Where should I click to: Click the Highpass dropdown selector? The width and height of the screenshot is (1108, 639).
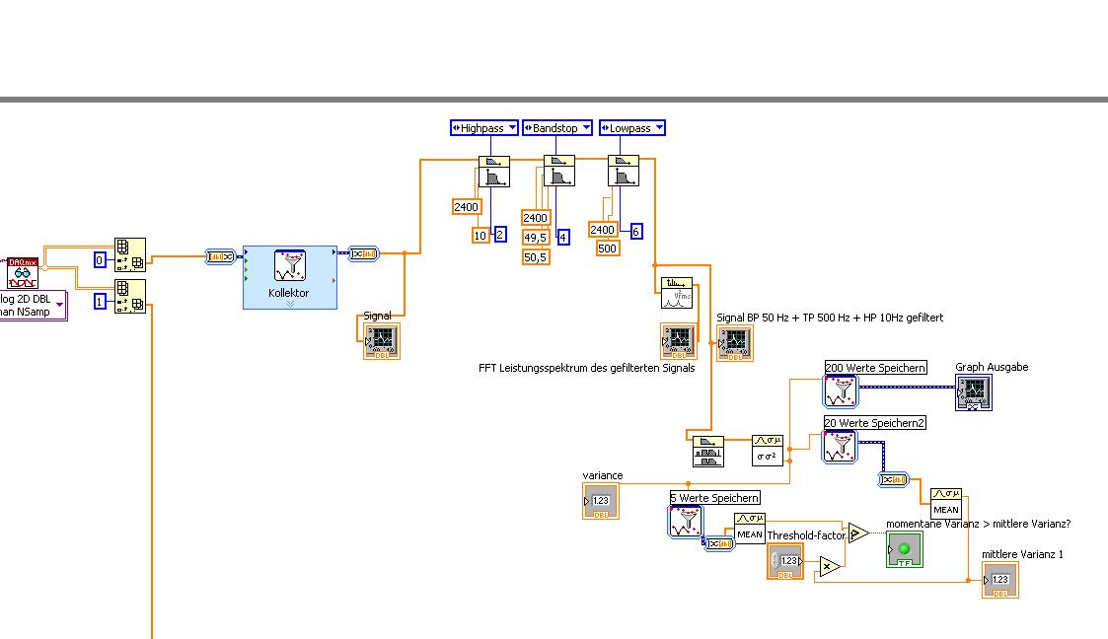483,128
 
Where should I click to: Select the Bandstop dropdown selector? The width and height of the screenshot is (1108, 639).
556,128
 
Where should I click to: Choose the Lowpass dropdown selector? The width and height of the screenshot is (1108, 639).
631,128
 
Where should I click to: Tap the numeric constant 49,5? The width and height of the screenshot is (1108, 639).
536,237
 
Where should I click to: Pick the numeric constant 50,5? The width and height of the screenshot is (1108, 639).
536,256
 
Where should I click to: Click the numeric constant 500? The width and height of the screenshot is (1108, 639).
608,248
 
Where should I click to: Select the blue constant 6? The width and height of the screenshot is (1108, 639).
636,230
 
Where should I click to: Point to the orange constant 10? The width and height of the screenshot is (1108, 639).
480,235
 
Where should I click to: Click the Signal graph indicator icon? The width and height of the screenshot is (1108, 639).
382,340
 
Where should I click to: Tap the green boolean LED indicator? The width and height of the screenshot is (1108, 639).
904,549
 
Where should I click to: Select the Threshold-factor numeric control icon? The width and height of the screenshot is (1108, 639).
785,561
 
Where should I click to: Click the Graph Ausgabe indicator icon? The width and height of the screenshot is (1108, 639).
973,392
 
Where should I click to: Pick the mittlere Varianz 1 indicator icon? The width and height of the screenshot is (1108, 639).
999,580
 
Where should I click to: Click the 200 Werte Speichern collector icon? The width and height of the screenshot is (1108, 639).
842,390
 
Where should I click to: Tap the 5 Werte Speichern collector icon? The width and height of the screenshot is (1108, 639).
686,522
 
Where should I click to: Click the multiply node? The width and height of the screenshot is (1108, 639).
830,566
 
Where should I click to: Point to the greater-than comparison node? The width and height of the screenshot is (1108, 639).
858,533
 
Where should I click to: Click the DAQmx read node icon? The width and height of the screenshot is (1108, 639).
22,273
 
